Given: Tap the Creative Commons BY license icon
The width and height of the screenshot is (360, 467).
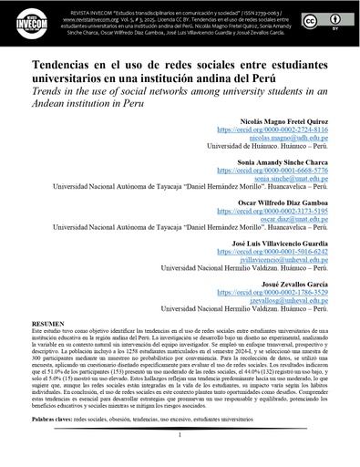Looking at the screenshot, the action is coord(326,20).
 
